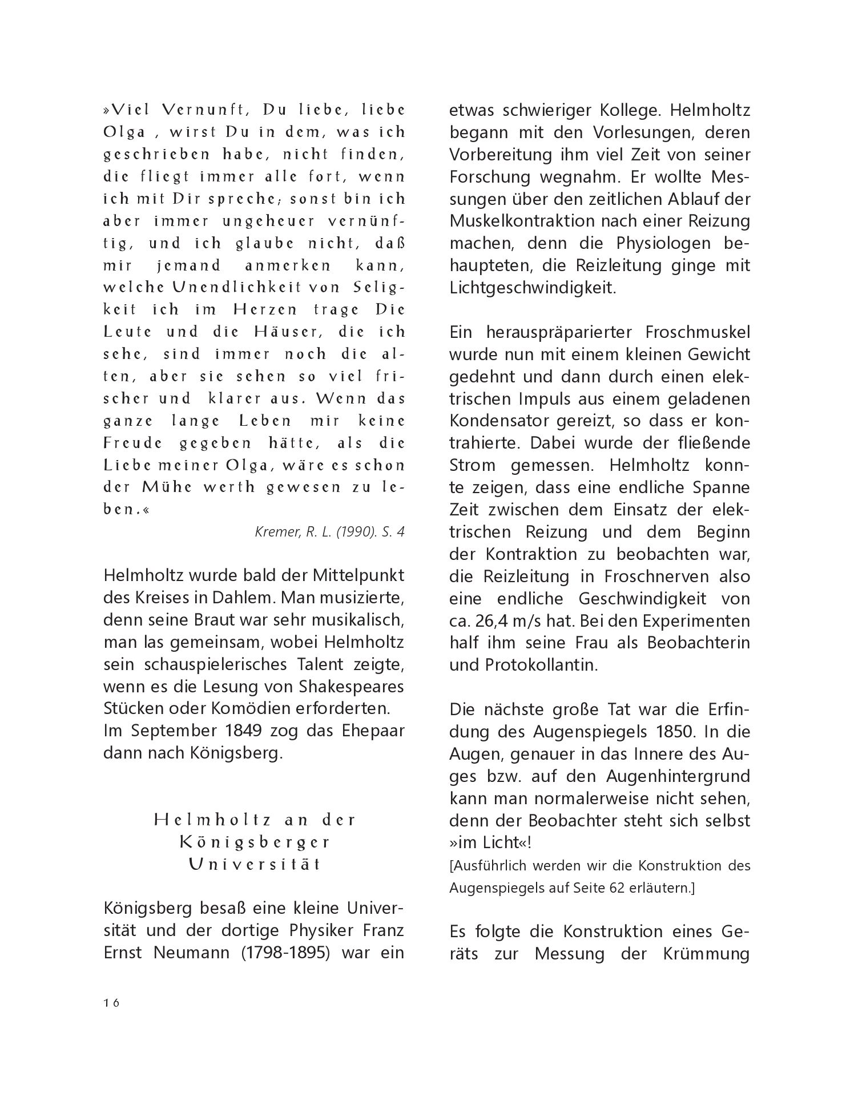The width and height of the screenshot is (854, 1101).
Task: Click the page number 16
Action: point(111,1003)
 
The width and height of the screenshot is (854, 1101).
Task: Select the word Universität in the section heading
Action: point(255,864)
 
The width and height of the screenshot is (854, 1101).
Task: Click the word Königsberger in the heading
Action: point(255,842)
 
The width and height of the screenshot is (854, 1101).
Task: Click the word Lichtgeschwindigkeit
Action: point(533,288)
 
